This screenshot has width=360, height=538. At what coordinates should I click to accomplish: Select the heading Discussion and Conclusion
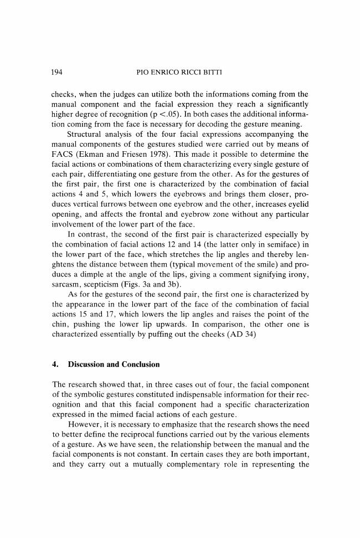(x=113, y=365)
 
